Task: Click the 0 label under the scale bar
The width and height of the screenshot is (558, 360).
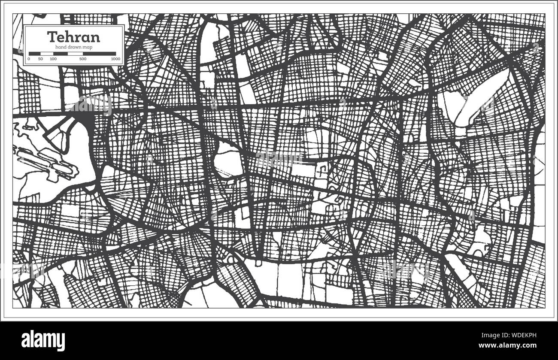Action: [29, 59]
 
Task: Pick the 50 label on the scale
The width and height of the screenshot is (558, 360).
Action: [40, 59]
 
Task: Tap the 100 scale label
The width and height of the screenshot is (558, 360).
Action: [53, 59]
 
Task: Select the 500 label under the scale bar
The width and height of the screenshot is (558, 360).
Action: [83, 59]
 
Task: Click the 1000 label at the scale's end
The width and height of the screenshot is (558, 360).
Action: [115, 59]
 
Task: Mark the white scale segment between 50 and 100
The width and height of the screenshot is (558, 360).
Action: [46, 54]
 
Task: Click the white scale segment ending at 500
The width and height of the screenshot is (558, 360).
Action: [68, 54]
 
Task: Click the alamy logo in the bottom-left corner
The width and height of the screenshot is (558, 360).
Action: [43, 341]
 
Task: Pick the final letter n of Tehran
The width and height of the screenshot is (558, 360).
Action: [95, 37]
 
